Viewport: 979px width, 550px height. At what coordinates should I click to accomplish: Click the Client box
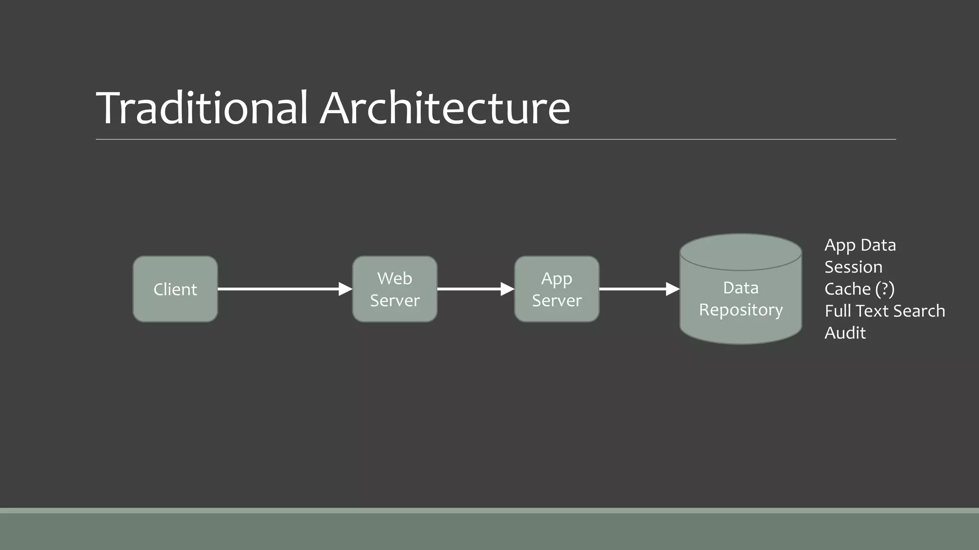tap(175, 289)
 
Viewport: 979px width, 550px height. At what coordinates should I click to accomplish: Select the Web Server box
tap(394, 289)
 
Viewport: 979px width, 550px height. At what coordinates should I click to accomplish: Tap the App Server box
tap(556, 289)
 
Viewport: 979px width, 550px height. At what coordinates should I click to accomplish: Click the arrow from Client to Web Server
tap(282, 289)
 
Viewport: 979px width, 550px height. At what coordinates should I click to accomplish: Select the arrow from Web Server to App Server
tap(473, 289)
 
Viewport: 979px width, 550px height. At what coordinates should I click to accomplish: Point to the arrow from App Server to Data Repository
tap(636, 289)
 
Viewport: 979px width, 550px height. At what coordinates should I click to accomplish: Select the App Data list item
tap(860, 245)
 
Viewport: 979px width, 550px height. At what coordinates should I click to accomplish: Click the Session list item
tap(853, 267)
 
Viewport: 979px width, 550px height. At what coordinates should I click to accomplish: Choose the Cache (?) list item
tap(859, 289)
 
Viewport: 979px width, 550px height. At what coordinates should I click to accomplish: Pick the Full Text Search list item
tap(884, 311)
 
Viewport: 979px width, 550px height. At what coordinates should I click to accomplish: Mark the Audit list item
tap(845, 333)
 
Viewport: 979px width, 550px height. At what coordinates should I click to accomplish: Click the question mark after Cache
tap(884, 289)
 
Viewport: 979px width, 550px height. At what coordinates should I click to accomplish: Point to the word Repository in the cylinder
tap(740, 310)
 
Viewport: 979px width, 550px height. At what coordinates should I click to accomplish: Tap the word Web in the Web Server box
tap(394, 278)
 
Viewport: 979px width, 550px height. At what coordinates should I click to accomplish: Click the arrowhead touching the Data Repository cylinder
tap(672, 289)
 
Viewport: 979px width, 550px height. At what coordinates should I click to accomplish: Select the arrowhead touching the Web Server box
tap(345, 289)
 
